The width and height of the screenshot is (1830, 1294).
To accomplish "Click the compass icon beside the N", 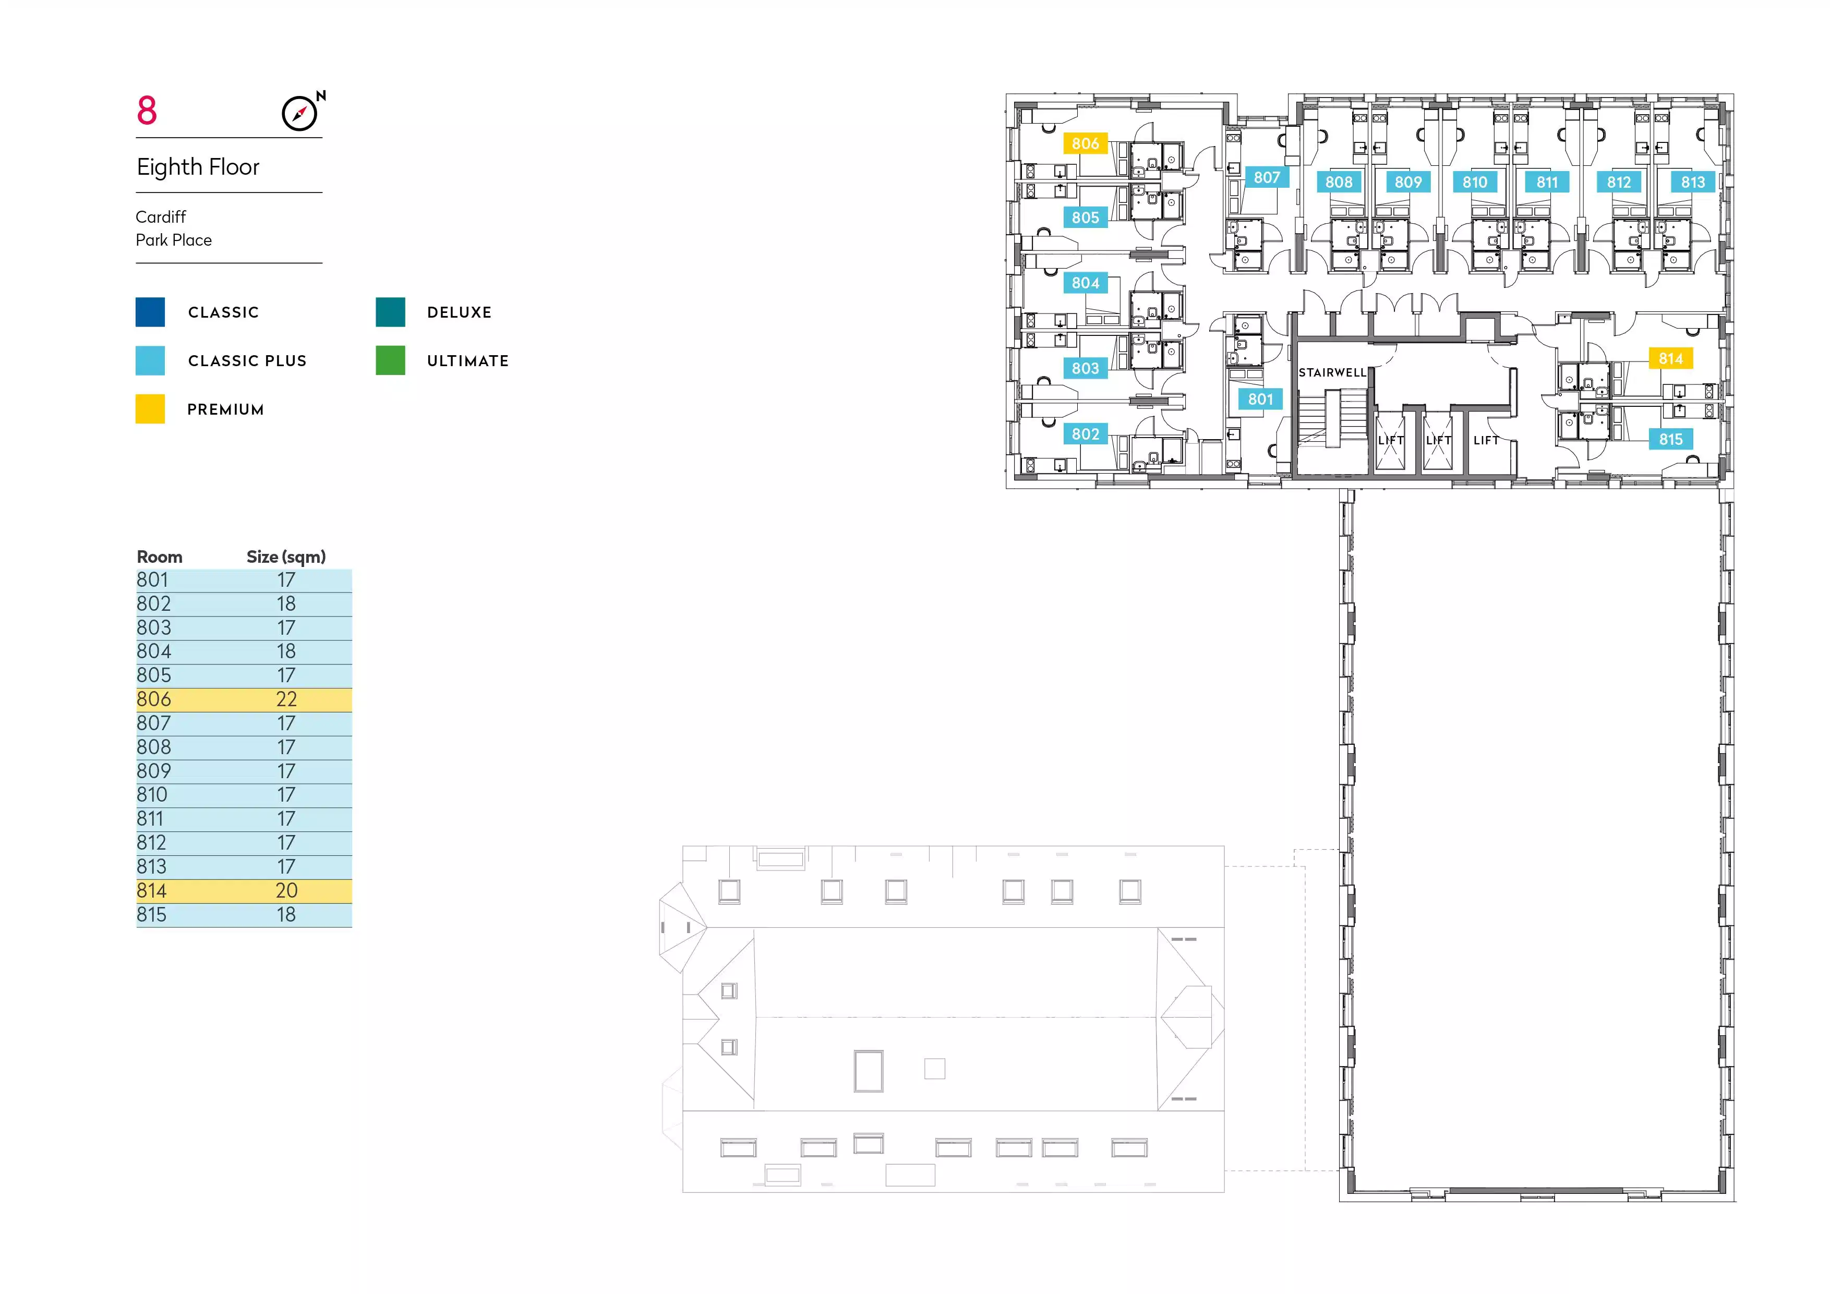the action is pyautogui.click(x=299, y=113).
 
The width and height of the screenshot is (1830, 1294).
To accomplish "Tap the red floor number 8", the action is pyautogui.click(x=147, y=111).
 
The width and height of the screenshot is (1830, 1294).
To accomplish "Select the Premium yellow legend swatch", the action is pyautogui.click(x=150, y=409).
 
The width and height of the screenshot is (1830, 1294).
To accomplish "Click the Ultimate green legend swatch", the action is pyautogui.click(x=391, y=360).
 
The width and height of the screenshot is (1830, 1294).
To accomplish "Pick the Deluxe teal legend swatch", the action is pyautogui.click(x=391, y=311).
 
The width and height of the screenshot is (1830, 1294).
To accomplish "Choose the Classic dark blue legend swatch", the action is pyautogui.click(x=150, y=311).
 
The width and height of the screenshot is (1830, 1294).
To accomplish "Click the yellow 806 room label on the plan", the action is pyautogui.click(x=1086, y=143).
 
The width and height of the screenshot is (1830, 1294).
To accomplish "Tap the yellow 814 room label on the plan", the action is pyautogui.click(x=1670, y=358).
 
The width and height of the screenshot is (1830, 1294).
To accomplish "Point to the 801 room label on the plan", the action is pyautogui.click(x=1260, y=399).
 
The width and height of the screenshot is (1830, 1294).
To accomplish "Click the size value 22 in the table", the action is pyautogui.click(x=286, y=699).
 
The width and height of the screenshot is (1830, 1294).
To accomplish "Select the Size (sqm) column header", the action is pyautogui.click(x=286, y=557).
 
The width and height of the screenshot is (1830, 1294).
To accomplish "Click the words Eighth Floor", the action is pyautogui.click(x=198, y=167).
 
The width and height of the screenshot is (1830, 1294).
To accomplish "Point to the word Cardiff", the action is pyautogui.click(x=161, y=217).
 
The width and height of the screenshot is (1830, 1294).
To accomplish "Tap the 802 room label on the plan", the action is pyautogui.click(x=1086, y=434).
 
